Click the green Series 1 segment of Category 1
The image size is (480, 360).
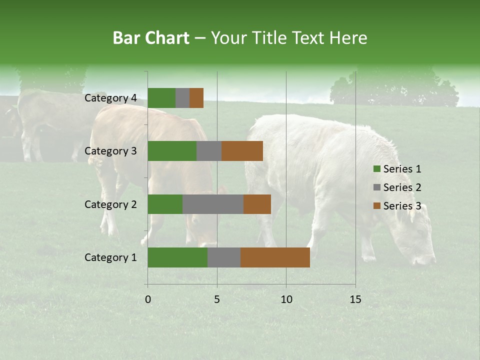click(177, 257)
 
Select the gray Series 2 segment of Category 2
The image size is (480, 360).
click(213, 204)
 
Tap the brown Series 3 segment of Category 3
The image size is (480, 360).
click(242, 151)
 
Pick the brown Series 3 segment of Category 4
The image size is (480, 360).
click(196, 98)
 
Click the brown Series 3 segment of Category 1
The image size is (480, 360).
click(275, 257)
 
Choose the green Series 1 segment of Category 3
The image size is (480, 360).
click(172, 151)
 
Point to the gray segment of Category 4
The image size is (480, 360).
click(182, 98)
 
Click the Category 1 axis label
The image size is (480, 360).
click(110, 257)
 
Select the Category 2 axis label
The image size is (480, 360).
click(110, 204)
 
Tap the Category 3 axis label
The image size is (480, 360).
click(110, 151)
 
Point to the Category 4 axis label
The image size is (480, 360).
click(110, 98)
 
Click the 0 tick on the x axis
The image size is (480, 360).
click(148, 299)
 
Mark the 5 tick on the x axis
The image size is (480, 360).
click(217, 299)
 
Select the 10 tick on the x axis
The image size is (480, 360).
click(286, 299)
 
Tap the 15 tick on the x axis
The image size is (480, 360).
click(355, 299)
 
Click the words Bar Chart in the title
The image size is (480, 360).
click(151, 38)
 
